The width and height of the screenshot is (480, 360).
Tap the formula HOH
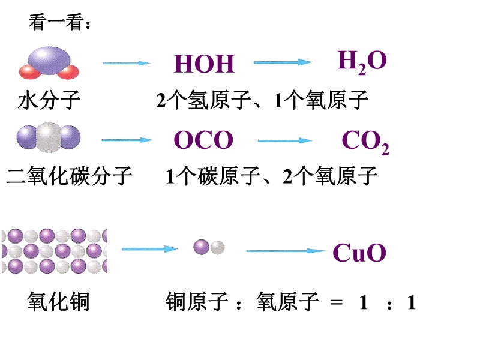(x=204, y=64)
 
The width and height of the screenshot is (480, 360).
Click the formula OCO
(x=203, y=140)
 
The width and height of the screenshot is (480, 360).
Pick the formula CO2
(x=365, y=142)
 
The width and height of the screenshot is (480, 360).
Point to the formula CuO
(x=359, y=253)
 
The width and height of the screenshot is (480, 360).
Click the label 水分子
(x=49, y=100)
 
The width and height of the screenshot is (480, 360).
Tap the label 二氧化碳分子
(x=69, y=176)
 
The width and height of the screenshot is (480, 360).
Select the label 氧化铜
(x=58, y=302)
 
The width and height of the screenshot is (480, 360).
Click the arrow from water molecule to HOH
(x=126, y=62)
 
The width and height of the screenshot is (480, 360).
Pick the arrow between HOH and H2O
(x=284, y=62)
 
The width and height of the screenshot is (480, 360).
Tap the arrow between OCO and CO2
(x=286, y=140)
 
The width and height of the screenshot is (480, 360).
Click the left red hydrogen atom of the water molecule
(x=29, y=73)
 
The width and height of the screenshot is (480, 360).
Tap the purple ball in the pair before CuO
(x=202, y=247)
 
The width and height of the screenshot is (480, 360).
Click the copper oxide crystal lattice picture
(x=54, y=251)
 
